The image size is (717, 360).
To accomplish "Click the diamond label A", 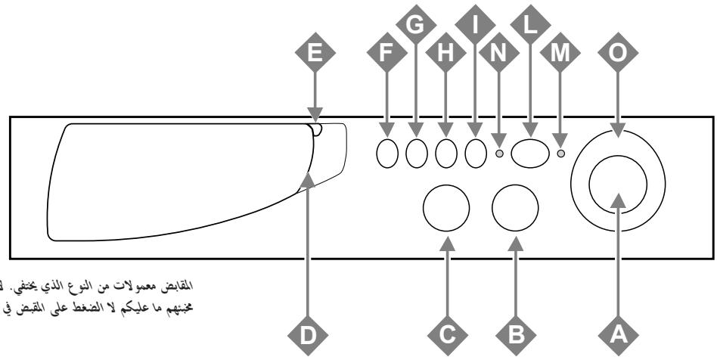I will (x=619, y=331).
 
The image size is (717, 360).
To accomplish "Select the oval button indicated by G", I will (x=415, y=154).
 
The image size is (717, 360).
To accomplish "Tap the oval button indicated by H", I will (x=445, y=154).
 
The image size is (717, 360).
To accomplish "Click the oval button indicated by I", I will (x=474, y=154).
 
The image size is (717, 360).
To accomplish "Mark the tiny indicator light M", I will (x=560, y=154).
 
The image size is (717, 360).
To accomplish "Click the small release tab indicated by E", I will (x=318, y=130).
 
